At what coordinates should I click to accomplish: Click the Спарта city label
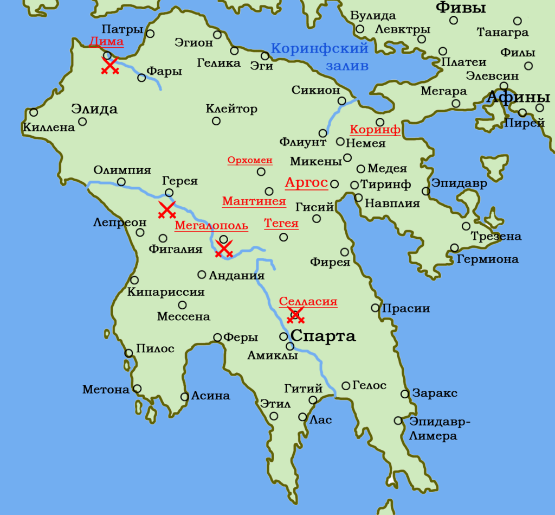click(323, 336)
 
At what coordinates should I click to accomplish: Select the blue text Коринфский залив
click(320, 57)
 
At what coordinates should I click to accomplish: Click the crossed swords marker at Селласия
click(295, 315)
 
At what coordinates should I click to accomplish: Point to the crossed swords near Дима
click(110, 66)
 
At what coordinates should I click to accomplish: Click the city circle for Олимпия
click(121, 182)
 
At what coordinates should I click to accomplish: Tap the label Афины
click(522, 98)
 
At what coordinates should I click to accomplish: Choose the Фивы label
click(461, 8)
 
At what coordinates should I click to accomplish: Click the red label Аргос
click(306, 183)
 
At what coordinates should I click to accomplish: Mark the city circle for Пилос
click(128, 353)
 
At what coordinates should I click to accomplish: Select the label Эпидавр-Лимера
click(440, 428)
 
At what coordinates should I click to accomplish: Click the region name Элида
click(94, 109)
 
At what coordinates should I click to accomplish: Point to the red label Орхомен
click(250, 161)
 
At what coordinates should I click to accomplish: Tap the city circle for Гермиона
click(454, 248)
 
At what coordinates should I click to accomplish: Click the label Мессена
click(183, 316)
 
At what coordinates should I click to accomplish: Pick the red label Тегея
click(281, 224)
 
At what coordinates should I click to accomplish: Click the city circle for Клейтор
click(216, 121)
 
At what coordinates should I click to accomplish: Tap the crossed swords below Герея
click(166, 210)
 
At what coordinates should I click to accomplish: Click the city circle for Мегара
click(456, 104)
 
